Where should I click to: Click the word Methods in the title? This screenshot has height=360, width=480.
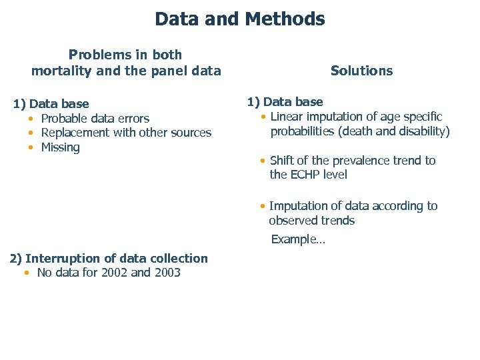click(285, 19)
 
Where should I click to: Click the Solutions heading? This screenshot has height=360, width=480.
click(361, 71)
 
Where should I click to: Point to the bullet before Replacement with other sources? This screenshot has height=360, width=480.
click(31, 133)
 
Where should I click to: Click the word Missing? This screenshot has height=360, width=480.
click(60, 147)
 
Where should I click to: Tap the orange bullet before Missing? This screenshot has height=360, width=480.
click(31, 147)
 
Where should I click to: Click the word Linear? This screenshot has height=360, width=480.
click(287, 117)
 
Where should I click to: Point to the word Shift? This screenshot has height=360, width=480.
click(283, 161)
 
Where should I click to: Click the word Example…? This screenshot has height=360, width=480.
click(298, 239)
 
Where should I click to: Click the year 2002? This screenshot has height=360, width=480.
click(113, 272)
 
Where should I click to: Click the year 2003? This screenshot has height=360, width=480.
click(167, 272)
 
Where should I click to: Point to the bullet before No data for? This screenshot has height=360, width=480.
click(27, 272)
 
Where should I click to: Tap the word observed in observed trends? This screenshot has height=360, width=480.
click(291, 221)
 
